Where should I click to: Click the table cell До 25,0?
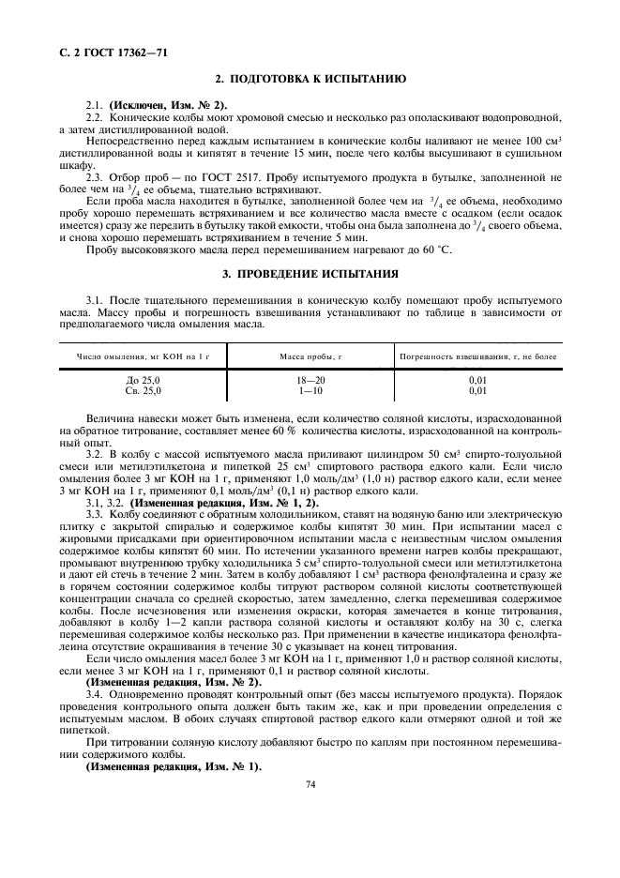tap(144, 379)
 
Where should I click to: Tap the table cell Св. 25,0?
tap(144, 389)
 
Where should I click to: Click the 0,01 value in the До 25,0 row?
tap(478, 379)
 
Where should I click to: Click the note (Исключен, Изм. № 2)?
tap(168, 103)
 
